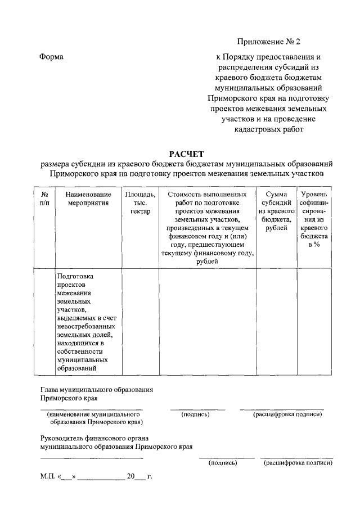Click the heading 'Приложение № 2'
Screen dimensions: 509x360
(x=269, y=42)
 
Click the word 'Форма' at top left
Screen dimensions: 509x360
(x=52, y=57)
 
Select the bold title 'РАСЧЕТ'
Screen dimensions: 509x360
(x=186, y=154)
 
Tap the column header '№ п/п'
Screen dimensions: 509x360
(x=45, y=198)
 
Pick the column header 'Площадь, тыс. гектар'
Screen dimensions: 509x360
(x=140, y=202)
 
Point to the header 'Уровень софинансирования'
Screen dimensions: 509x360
(x=314, y=219)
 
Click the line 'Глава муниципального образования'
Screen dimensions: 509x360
(x=97, y=390)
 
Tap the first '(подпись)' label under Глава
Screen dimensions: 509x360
(x=196, y=414)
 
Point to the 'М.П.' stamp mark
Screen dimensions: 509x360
(x=46, y=476)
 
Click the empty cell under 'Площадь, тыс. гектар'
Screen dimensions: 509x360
(x=140, y=321)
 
